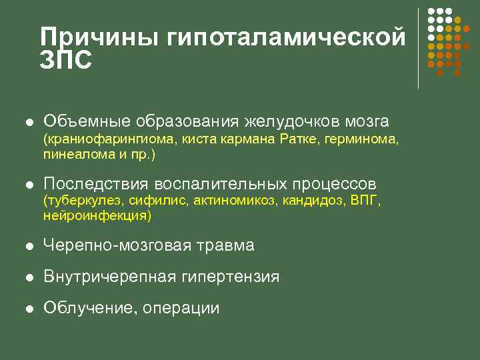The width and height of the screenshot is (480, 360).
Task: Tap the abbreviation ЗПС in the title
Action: point(65,59)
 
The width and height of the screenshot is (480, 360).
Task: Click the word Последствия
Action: point(95,183)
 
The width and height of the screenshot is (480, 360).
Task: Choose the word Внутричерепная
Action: point(107,276)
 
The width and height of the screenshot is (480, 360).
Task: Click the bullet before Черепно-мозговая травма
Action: point(29,245)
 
